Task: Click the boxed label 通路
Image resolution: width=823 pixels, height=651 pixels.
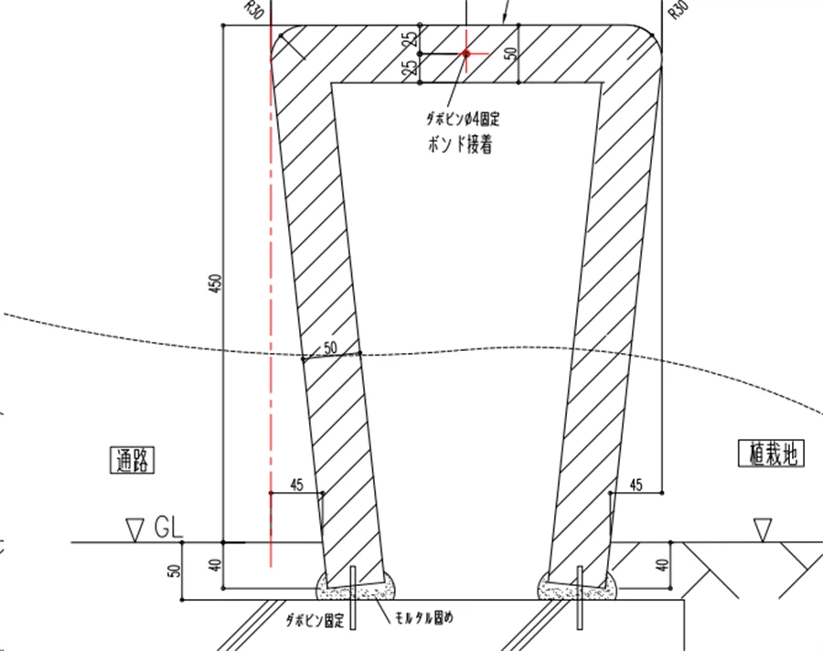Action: pos(133,460)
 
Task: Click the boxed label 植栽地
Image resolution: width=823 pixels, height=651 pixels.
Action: pos(772,454)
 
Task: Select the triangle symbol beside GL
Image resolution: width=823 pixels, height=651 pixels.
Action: pos(135,530)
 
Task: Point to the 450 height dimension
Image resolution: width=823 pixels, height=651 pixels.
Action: pos(216,283)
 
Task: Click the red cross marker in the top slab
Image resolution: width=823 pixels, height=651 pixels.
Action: pos(466,53)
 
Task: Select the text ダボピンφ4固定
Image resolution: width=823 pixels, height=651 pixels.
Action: pos(463,119)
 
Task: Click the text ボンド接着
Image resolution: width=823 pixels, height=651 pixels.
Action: pos(460,144)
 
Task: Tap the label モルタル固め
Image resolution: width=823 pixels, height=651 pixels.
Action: pos(423,618)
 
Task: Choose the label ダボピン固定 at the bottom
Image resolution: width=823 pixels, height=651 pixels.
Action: pos(315,621)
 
